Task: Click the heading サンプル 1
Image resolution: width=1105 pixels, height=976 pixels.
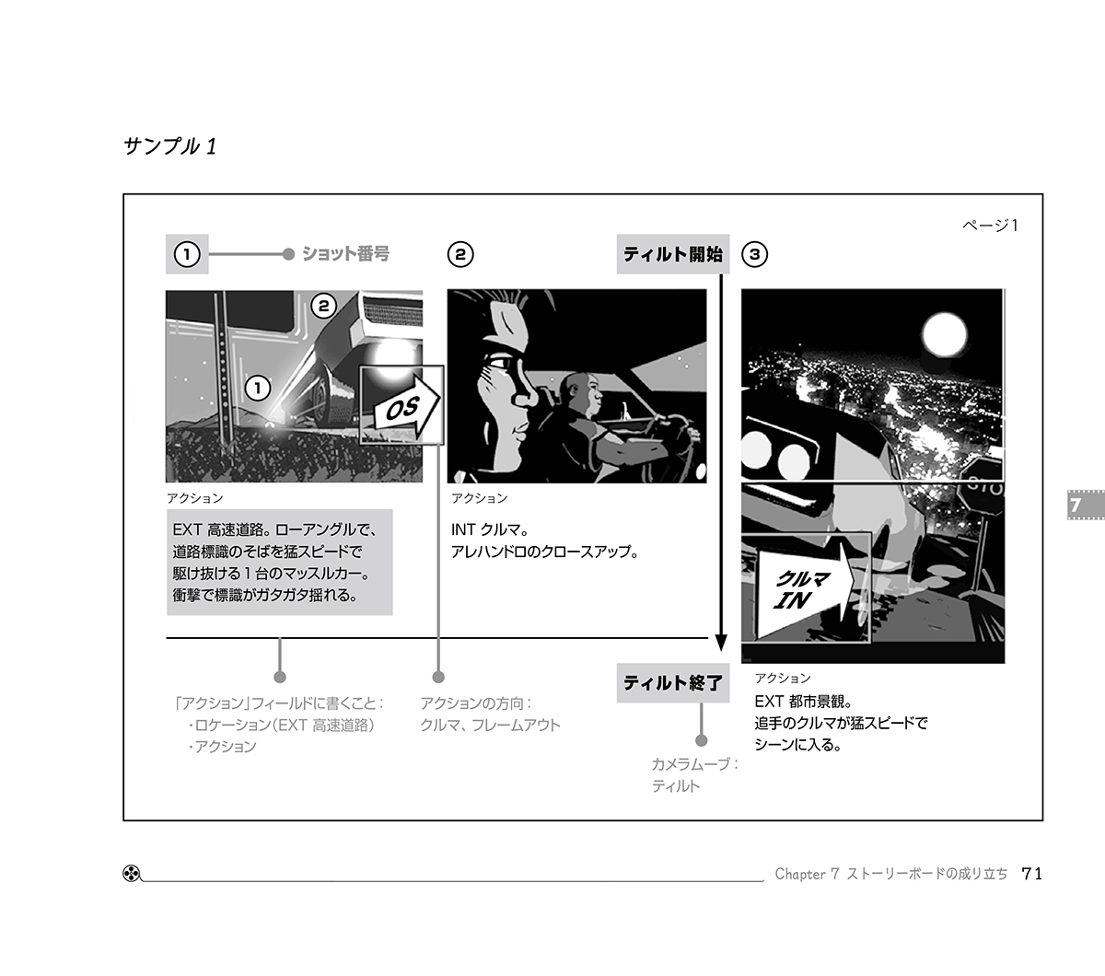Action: pyautogui.click(x=170, y=146)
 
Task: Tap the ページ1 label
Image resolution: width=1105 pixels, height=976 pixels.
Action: pyautogui.click(x=990, y=226)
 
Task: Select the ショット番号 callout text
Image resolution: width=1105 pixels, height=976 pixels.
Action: pyautogui.click(x=345, y=254)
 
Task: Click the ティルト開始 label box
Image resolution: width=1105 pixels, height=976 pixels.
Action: pyautogui.click(x=672, y=254)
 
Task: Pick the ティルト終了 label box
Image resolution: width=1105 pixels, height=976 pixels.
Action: pyautogui.click(x=672, y=682)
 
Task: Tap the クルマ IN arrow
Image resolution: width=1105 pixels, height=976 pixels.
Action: pyautogui.click(x=806, y=588)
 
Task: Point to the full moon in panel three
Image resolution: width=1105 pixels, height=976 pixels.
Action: pyautogui.click(x=944, y=334)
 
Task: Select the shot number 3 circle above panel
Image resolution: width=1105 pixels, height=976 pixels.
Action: pyautogui.click(x=755, y=255)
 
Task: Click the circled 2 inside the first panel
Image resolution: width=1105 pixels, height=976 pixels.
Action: pyautogui.click(x=323, y=306)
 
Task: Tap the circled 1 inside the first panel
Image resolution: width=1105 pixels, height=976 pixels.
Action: pyautogui.click(x=258, y=389)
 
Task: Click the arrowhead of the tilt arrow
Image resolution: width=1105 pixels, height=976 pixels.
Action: pyautogui.click(x=721, y=643)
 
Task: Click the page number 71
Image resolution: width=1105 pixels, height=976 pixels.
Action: pyautogui.click(x=1032, y=874)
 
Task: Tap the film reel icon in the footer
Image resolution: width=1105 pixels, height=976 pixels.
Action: pyautogui.click(x=132, y=874)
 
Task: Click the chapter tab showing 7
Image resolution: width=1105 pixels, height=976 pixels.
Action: pyautogui.click(x=1086, y=505)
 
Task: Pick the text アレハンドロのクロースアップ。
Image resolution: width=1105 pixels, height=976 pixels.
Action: pyautogui.click(x=544, y=552)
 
